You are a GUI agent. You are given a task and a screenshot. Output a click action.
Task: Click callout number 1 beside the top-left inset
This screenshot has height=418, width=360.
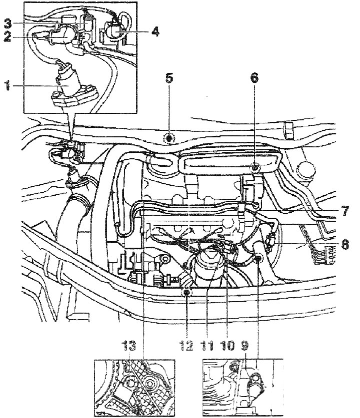tap(7, 86)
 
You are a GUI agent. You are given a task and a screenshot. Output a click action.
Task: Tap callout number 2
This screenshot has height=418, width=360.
tap(7, 37)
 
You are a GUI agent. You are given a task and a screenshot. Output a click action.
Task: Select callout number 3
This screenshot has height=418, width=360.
tap(8, 23)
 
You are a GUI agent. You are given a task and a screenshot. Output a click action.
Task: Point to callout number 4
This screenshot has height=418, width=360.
tap(155, 31)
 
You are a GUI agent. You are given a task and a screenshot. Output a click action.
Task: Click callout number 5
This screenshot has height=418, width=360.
tap(169, 78)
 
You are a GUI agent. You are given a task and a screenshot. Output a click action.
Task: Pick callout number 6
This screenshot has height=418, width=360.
tap(254, 78)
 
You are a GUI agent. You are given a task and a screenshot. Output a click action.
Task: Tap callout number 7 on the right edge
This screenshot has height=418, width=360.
tap(345, 211)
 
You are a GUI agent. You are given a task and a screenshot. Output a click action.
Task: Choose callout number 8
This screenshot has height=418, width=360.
tap(345, 244)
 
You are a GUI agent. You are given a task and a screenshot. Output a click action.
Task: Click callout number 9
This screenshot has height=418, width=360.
tap(244, 346)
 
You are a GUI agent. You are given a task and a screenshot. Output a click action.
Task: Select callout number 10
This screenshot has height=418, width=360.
tap(227, 346)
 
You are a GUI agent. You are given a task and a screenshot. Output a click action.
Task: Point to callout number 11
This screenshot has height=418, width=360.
tap(207, 346)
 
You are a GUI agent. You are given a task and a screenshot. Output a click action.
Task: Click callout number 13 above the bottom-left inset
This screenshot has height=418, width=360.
tap(129, 345)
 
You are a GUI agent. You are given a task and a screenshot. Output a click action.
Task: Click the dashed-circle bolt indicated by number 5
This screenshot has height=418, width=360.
tap(169, 139)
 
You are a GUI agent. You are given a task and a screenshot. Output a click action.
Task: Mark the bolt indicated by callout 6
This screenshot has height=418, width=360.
tap(255, 167)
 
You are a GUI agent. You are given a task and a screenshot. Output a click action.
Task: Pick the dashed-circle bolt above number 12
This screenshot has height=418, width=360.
tap(187, 293)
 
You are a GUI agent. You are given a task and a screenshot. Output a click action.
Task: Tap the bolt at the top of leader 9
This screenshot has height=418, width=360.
tap(258, 258)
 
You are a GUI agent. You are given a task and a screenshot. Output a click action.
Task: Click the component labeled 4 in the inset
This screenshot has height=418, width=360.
tap(113, 30)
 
